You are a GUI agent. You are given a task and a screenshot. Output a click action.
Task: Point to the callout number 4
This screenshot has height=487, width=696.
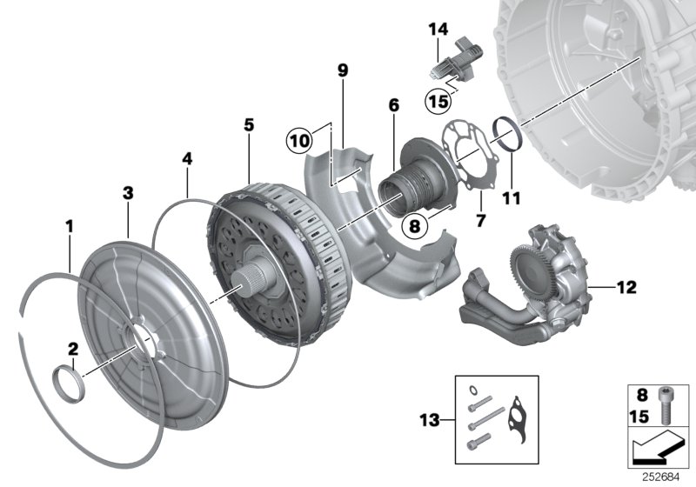click(x=186, y=160)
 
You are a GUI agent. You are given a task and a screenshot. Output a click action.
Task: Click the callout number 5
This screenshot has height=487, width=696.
click(x=249, y=125)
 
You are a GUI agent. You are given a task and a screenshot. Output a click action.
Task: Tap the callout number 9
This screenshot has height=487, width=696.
click(x=343, y=70)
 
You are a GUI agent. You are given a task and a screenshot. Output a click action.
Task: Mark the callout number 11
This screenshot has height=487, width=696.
click(x=511, y=198)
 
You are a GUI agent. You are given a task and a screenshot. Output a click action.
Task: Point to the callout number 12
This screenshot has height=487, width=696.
click(x=627, y=285)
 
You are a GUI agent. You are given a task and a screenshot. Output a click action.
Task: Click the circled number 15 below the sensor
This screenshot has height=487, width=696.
click(x=438, y=101)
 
